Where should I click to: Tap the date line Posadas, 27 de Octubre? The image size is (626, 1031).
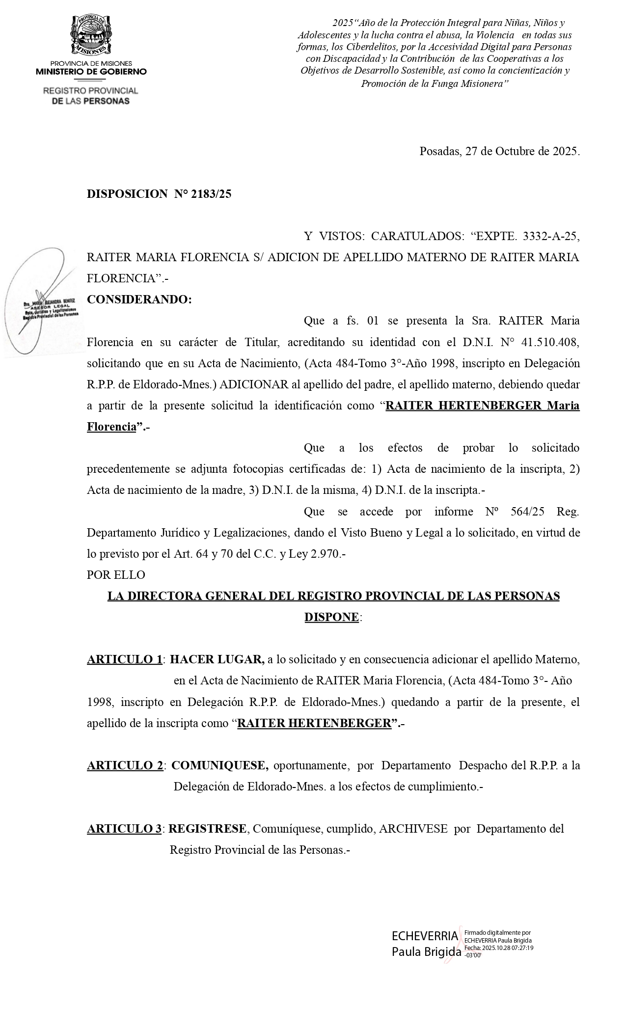tap(499, 151)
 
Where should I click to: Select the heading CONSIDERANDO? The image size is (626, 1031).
tap(139, 299)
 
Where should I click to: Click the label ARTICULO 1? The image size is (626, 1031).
tap(125, 659)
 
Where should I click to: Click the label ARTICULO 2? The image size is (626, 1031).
tap(125, 765)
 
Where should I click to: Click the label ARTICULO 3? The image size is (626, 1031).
tap(124, 829)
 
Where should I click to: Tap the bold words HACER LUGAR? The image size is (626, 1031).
tap(217, 659)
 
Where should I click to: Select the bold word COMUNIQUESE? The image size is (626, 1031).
tap(219, 765)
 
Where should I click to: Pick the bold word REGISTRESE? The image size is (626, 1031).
tap(208, 829)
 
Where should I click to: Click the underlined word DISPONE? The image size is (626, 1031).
tap(331, 617)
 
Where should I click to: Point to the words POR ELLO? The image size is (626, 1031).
tap(116, 574)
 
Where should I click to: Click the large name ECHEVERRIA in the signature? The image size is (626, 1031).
tap(424, 936)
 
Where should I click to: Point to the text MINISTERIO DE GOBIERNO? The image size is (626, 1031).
tap(91, 72)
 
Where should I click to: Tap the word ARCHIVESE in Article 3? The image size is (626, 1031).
tap(413, 829)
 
